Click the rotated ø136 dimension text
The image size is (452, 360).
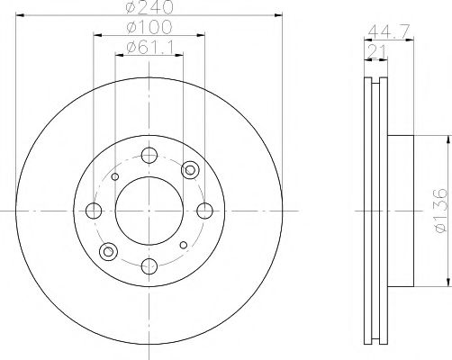439,211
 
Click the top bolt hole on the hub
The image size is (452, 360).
149,154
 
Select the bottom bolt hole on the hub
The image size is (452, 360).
149,265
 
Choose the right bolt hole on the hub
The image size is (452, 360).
205,211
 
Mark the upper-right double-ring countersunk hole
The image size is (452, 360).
190,170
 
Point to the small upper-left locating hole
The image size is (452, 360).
114,176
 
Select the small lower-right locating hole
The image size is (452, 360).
184,244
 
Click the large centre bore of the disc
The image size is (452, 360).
149,210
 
